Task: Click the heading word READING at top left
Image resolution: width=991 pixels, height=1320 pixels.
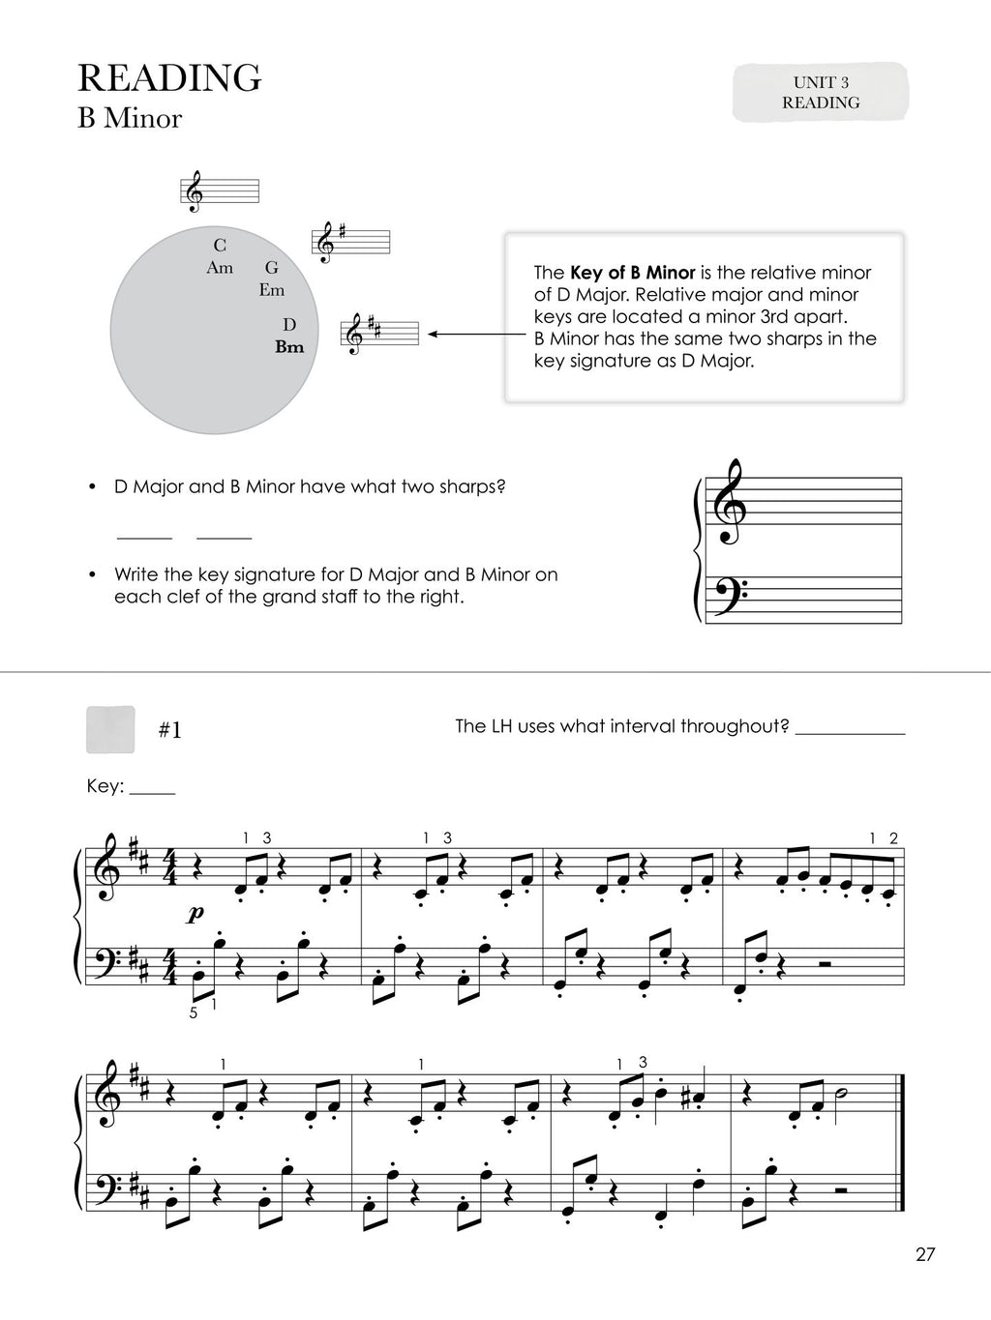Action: point(169,77)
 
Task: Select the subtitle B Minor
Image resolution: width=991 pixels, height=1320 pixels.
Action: point(130,119)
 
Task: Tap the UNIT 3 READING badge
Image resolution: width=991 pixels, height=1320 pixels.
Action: point(821,93)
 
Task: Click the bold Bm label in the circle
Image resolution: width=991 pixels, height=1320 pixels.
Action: point(289,347)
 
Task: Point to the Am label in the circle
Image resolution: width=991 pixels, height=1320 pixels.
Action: point(220,268)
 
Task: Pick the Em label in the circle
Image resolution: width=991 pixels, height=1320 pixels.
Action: point(272,289)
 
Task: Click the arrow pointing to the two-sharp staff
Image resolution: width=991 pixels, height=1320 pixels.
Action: point(465,335)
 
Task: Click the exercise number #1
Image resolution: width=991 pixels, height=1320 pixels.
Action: point(169,731)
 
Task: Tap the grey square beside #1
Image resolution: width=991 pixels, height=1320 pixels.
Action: point(110,729)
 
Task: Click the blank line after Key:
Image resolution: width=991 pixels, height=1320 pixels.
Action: point(152,793)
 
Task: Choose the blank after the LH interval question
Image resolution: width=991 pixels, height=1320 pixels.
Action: point(850,733)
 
